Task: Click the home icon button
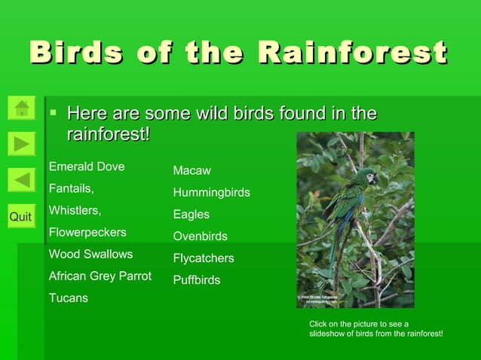coord(22,107)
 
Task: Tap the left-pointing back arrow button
coord(22,180)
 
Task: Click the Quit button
coord(21,217)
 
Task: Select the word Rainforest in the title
coord(352,53)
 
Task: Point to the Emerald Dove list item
coord(87,166)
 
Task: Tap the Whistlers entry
coord(75,210)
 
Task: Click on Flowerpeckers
coord(87,232)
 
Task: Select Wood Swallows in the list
coord(90,254)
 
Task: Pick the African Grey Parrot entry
coord(100,276)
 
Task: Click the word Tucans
coord(69,297)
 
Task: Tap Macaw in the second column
coord(192,171)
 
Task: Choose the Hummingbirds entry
coord(212,193)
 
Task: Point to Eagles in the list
coord(191,215)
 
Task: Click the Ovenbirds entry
coord(201,236)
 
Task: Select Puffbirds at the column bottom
coord(197,280)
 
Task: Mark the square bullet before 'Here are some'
coord(54,114)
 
